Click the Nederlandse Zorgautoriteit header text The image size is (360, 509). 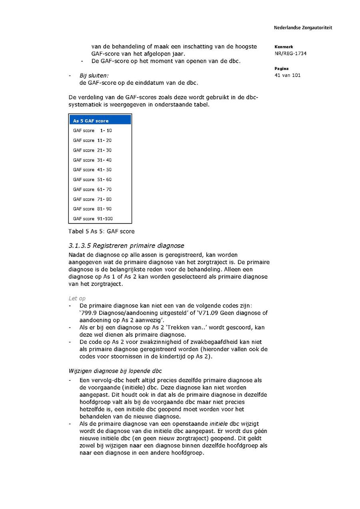(303, 28)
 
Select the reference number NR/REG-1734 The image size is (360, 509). (290, 54)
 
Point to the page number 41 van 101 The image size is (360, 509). (288, 75)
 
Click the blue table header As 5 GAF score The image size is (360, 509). (100, 120)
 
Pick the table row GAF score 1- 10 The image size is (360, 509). (92, 130)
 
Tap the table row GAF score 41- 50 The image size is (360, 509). (92, 170)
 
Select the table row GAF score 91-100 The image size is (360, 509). (93, 219)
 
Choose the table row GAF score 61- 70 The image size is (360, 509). (92, 189)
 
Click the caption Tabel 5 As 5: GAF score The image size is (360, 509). (102, 232)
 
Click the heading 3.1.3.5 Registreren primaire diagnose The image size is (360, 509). (126, 246)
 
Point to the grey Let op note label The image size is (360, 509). (77, 298)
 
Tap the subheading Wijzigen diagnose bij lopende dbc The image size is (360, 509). (115, 371)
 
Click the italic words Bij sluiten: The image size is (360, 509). (94, 75)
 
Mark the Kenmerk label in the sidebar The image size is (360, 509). (284, 47)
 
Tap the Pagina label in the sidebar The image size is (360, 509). (282, 69)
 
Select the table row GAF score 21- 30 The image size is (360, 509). (92, 150)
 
